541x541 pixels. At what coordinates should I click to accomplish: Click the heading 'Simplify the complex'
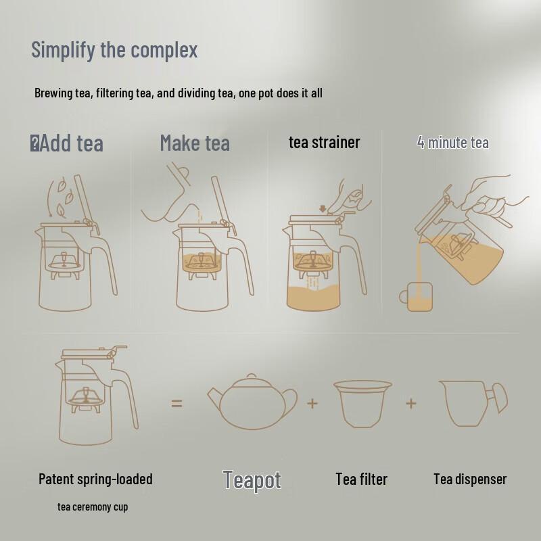tap(114, 50)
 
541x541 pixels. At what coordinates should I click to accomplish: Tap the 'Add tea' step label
tap(72, 143)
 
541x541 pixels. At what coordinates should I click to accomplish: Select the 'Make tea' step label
tap(195, 143)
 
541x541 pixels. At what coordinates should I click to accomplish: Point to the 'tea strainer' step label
tap(325, 143)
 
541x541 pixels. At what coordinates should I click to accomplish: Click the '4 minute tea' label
tap(452, 142)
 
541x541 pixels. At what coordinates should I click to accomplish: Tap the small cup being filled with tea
tap(416, 297)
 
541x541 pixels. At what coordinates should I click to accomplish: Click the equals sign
tap(177, 403)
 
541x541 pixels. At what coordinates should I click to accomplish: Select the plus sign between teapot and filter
tap(312, 403)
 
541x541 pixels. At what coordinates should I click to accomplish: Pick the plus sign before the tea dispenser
tap(411, 403)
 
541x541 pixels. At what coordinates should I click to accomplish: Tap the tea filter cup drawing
tap(362, 404)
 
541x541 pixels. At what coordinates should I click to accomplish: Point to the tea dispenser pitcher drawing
tap(473, 403)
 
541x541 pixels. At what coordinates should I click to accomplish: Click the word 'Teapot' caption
tap(252, 480)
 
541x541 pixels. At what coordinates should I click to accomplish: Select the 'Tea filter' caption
tap(362, 479)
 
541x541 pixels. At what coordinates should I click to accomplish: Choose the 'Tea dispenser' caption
tap(470, 479)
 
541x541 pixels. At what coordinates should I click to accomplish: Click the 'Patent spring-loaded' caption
tap(95, 479)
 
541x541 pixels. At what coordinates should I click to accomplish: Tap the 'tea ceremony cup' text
tap(93, 507)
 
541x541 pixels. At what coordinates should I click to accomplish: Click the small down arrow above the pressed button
tap(323, 209)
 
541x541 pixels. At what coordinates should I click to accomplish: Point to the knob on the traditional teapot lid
tap(252, 376)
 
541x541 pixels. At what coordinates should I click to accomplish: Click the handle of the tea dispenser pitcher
tap(498, 398)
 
